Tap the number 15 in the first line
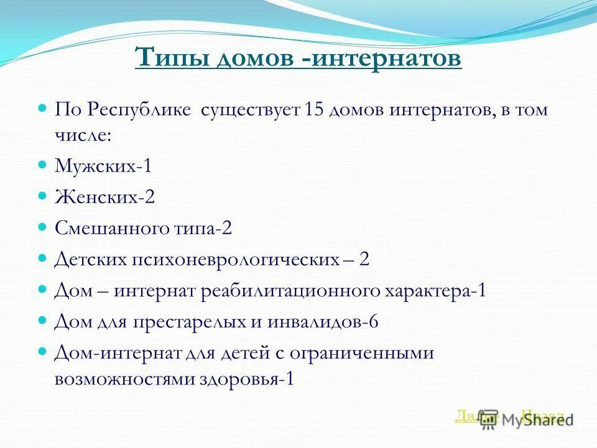pos(295,110)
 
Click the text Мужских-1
pos(103,166)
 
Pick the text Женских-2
pos(104,197)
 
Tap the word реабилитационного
pos(292,290)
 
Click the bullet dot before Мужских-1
pos(43,166)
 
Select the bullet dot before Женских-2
pos(43,197)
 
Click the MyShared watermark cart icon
pos(489,418)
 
